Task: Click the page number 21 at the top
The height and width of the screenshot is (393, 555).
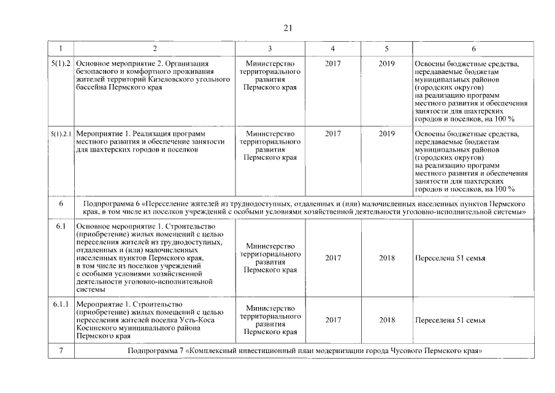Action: [x=289, y=28]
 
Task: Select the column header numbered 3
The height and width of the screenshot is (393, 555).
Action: [x=270, y=49]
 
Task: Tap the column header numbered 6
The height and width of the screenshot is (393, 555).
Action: [x=473, y=49]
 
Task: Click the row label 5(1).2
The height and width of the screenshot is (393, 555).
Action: [x=61, y=63]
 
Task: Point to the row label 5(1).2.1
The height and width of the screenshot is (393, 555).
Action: [x=61, y=133]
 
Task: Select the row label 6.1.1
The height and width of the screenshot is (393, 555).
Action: [x=61, y=305]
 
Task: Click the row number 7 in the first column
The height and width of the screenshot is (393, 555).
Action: [x=61, y=351]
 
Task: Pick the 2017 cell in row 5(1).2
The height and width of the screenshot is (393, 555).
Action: [x=333, y=63]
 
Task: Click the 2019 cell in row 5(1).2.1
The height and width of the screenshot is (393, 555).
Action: [x=386, y=133]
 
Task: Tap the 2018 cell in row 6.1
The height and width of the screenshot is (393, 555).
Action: [x=386, y=258]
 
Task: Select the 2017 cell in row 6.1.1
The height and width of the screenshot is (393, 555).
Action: [x=333, y=320]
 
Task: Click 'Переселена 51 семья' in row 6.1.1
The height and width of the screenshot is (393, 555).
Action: [x=450, y=320]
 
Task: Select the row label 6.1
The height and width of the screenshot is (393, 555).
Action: [x=61, y=227]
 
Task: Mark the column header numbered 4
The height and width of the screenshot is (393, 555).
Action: [x=333, y=49]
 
